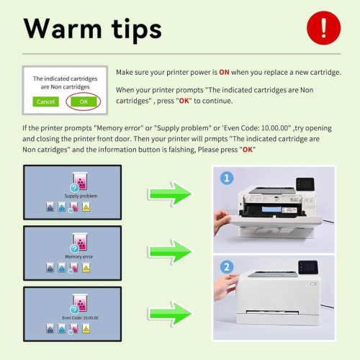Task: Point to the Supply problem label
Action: click(80, 197)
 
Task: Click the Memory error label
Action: click(80, 256)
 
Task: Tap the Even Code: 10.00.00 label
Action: click(80, 316)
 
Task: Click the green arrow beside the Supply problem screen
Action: click(171, 192)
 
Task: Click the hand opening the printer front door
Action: click(222, 215)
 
